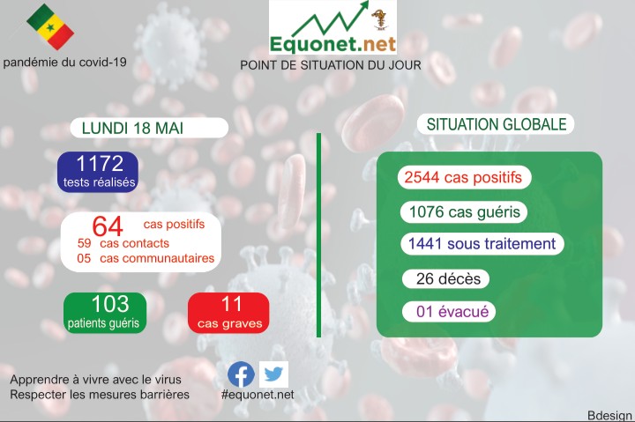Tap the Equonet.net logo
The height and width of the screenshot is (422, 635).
coord(332,28)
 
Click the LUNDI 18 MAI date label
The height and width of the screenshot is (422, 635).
coord(132,128)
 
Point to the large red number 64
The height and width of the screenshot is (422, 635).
coord(107,226)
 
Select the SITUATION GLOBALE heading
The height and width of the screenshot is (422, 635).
coord(496,125)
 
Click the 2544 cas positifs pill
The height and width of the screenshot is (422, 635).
coord(464,177)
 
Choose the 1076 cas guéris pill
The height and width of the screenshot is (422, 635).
coord(463,212)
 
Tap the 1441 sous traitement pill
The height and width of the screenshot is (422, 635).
coord(481,244)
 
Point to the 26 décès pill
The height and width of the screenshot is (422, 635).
coord(447,279)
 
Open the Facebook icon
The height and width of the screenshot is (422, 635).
coord(241,374)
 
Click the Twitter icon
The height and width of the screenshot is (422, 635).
coord(273,374)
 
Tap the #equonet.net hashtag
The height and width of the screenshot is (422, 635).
coord(258,395)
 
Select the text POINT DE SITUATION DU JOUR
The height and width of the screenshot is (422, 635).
coord(331,65)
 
